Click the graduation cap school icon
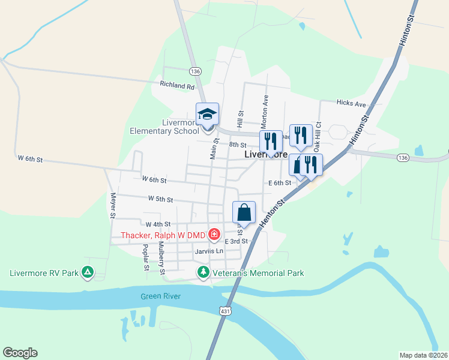[208, 114]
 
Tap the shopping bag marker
[244, 212]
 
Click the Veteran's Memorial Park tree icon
[203, 273]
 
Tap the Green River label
[161, 296]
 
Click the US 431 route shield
[224, 311]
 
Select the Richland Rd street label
[178, 86]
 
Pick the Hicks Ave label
[351, 104]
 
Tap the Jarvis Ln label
[209, 251]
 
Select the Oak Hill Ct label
[319, 134]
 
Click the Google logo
[20, 353]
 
